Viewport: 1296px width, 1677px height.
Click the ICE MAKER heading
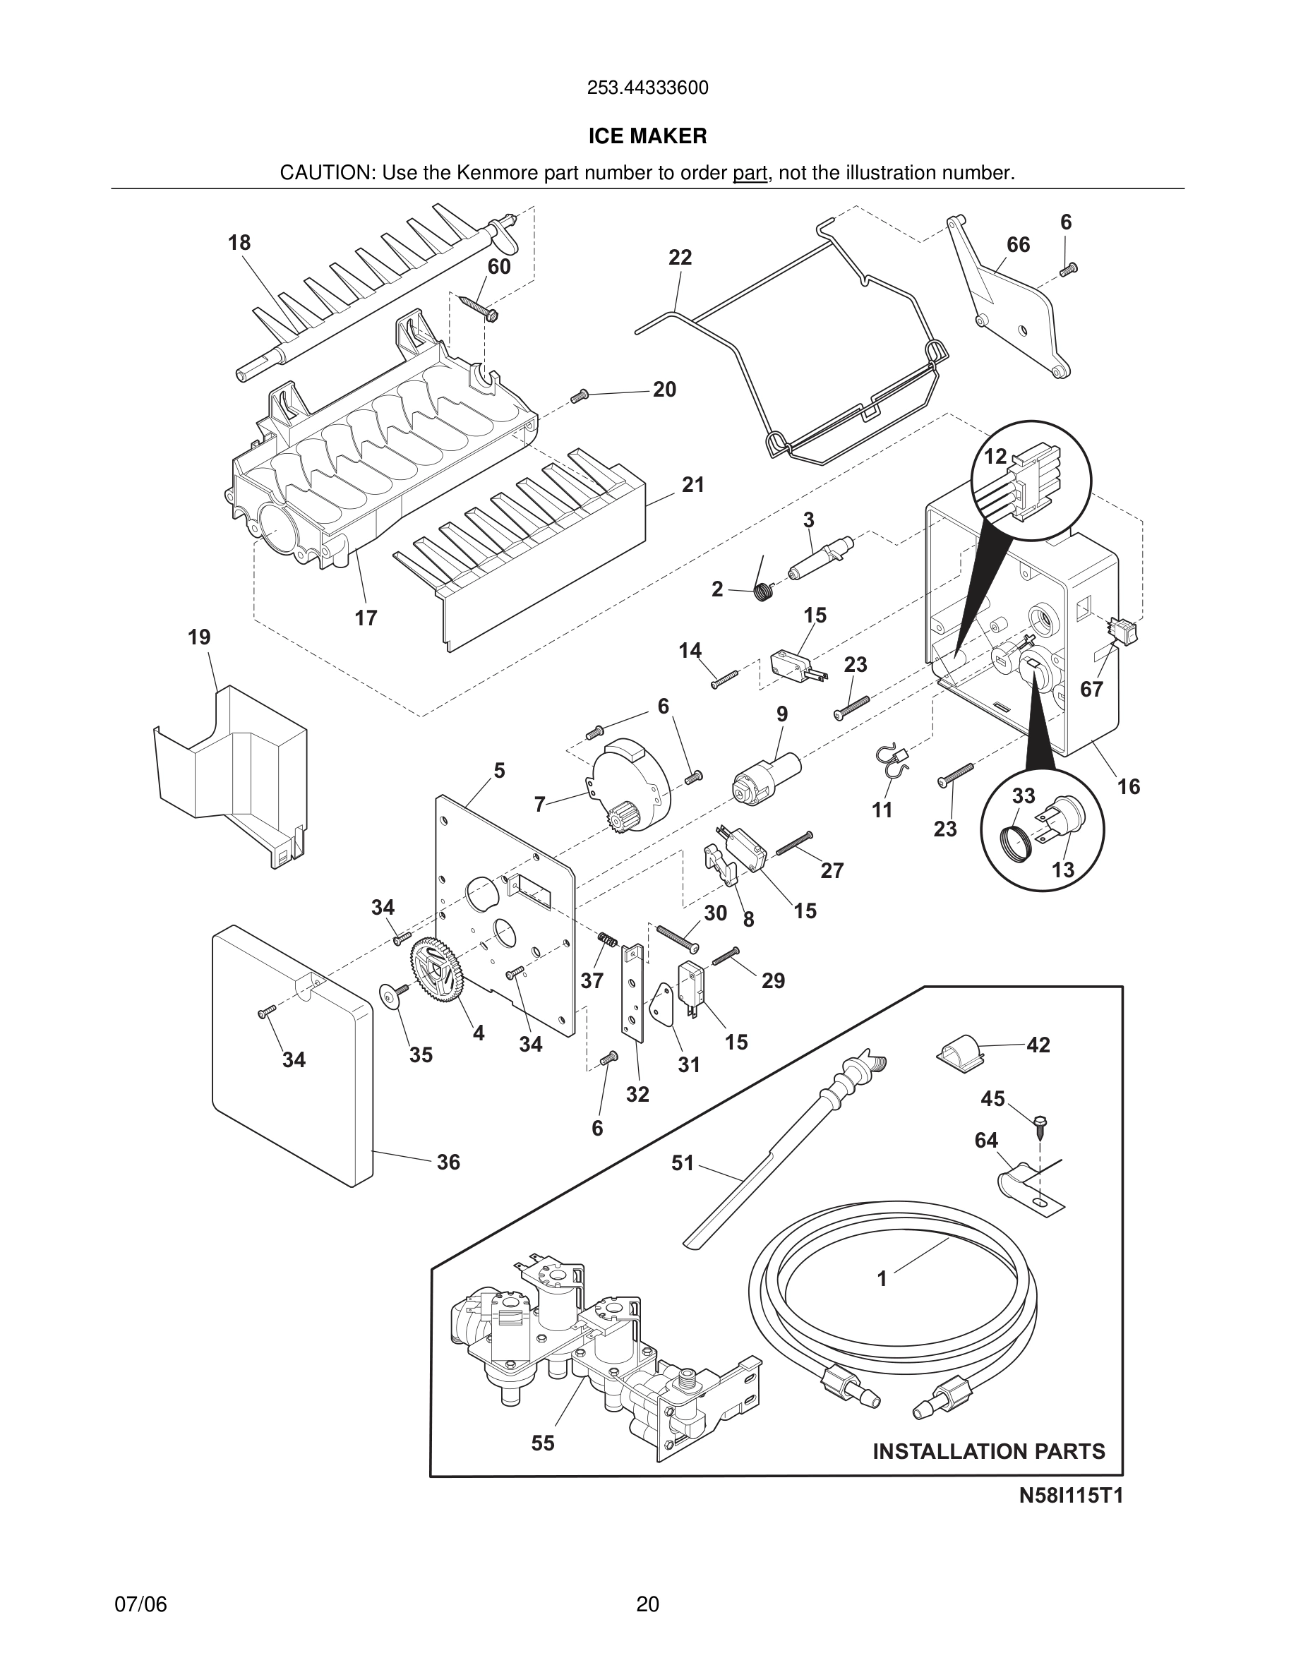[647, 136]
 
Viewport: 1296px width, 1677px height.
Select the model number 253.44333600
[647, 88]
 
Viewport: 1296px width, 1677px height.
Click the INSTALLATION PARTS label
[989, 1450]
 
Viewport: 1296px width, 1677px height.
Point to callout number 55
[543, 1443]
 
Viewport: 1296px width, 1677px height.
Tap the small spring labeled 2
[763, 591]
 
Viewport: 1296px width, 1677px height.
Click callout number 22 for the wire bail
[680, 257]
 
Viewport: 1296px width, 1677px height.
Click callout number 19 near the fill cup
[199, 637]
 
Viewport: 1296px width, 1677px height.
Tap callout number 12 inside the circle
[995, 456]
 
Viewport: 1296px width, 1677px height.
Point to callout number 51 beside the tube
[683, 1162]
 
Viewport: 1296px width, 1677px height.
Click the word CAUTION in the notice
[326, 173]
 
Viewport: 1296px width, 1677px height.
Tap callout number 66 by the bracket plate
[1018, 245]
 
